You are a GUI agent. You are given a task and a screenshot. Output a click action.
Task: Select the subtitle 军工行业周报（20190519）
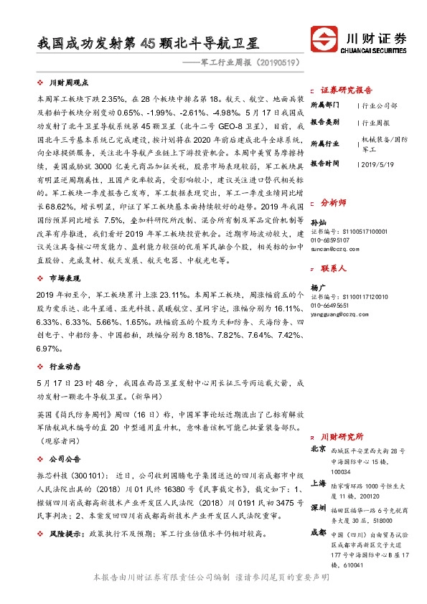tap(243, 63)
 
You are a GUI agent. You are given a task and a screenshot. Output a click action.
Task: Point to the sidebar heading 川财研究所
tap(342, 436)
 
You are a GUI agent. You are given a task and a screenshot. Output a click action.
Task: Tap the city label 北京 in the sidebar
tap(319, 449)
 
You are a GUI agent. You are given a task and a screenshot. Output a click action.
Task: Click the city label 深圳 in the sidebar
tap(319, 508)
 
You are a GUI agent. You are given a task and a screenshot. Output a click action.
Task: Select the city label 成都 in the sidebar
tap(319, 533)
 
